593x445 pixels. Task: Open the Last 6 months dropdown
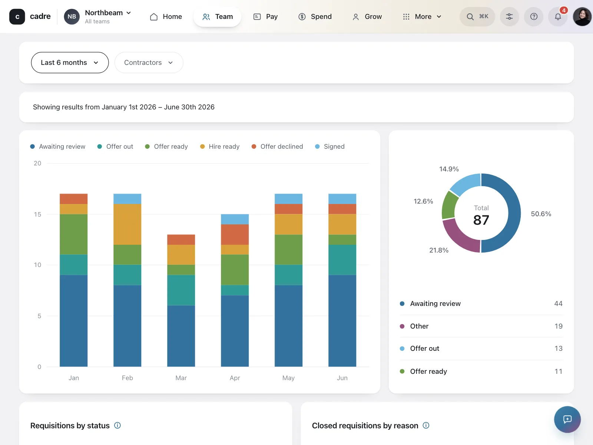coord(70,62)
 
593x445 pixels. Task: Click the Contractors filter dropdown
coord(149,62)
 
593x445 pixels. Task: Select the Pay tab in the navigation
coord(266,16)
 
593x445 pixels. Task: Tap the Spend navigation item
coord(315,16)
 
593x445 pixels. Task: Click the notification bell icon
coord(558,16)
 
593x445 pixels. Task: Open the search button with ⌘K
coord(477,16)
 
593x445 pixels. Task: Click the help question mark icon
coord(534,16)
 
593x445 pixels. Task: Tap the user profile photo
coord(582,16)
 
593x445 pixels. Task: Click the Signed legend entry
coord(330,146)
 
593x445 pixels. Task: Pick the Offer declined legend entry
coord(277,146)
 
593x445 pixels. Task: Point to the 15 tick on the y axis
coord(37,214)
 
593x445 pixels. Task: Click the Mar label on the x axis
coord(181,378)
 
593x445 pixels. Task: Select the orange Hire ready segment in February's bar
coord(127,224)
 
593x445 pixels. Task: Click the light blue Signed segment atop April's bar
coord(235,219)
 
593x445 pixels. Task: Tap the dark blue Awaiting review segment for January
coord(73,321)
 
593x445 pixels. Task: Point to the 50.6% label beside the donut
coord(541,214)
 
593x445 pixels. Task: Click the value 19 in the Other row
coord(559,326)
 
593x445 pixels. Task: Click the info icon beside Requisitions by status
coord(117,425)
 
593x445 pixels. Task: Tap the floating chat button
coord(567,419)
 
